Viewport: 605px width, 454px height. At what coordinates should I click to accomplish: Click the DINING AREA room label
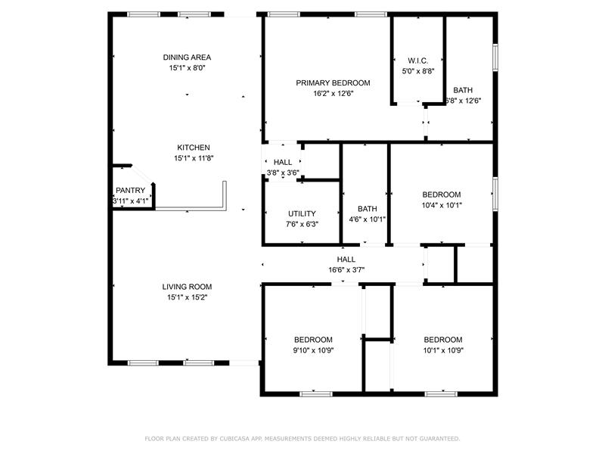[x=187, y=58]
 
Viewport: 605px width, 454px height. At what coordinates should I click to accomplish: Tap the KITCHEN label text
[x=194, y=148]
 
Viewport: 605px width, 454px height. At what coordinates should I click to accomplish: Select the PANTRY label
[x=130, y=191]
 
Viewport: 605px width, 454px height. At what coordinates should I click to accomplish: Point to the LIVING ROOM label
[x=187, y=287]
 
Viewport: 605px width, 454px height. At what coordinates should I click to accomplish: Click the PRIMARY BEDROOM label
[x=333, y=83]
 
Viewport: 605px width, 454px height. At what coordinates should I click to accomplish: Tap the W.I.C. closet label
[x=418, y=61]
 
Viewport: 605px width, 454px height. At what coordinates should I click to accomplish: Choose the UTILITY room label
[x=302, y=214]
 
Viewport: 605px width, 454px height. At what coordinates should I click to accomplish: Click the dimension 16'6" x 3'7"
[x=346, y=270]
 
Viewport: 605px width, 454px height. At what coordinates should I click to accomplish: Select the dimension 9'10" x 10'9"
[x=313, y=350]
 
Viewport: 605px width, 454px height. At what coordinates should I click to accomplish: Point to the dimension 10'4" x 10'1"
[x=442, y=205]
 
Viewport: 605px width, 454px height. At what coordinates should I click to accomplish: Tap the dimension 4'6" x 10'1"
[x=367, y=219]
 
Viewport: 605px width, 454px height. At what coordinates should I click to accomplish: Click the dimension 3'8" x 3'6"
[x=283, y=173]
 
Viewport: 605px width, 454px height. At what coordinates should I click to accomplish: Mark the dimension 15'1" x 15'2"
[x=187, y=297]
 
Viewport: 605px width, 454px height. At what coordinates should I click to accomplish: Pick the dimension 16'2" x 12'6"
[x=333, y=93]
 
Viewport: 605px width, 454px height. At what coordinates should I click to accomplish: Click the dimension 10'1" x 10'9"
[x=443, y=350]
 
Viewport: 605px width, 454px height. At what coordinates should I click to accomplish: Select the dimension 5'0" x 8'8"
[x=418, y=71]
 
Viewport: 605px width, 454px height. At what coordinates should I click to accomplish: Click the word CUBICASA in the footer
[x=234, y=439]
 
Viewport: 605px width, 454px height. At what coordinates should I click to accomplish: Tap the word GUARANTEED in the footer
[x=439, y=439]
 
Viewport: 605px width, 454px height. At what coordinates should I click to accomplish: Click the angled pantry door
[x=142, y=174]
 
